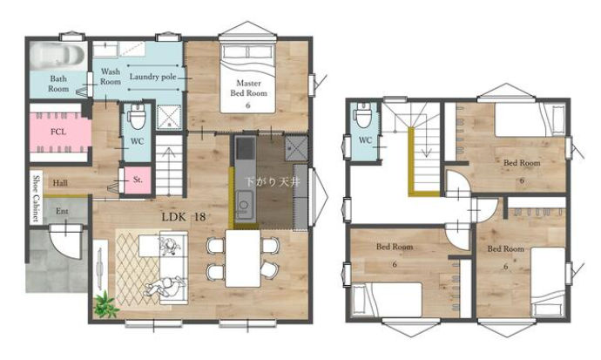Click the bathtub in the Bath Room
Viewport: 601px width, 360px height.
[x=57, y=56]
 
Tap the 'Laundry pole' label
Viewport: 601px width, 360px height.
[x=153, y=77]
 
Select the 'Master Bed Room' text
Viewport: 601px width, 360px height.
[x=248, y=88]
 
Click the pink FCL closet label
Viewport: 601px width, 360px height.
[x=58, y=132]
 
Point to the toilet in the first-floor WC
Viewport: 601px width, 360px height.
[x=137, y=116]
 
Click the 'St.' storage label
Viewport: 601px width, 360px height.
[x=138, y=180]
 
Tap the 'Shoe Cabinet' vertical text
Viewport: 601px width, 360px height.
[x=36, y=198]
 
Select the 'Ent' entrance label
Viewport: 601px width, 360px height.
[x=62, y=211]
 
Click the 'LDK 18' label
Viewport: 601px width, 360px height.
[x=184, y=217]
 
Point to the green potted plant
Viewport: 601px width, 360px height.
[x=105, y=305]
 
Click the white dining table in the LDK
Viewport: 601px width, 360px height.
[x=243, y=258]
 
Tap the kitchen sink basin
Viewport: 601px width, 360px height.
[x=244, y=205]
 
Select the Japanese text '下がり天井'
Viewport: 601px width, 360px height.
[x=273, y=181]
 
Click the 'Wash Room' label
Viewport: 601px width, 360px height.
[x=111, y=77]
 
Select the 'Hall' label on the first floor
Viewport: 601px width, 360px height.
[x=60, y=183]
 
